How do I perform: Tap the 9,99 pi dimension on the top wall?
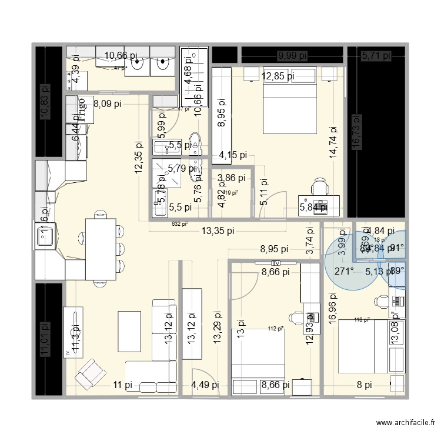tap(292, 56)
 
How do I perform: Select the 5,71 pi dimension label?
tap(376, 56)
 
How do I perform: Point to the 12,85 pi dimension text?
tap(278, 75)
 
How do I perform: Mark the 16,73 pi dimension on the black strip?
tap(356, 133)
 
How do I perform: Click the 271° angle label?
tap(344, 271)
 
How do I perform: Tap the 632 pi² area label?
tap(179, 223)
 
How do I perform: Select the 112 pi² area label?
tap(276, 329)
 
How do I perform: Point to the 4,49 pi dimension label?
tap(205, 385)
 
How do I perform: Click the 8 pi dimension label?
tap(365, 385)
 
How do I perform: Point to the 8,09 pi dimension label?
tap(107, 104)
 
